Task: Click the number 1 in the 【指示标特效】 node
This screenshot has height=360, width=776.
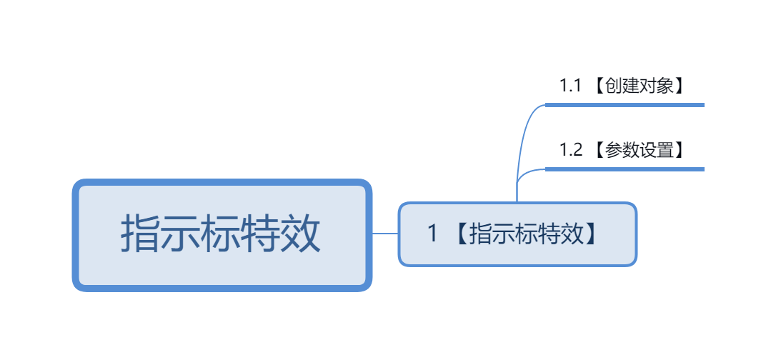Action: pos(432,234)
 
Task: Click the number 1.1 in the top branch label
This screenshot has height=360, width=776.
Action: pos(570,86)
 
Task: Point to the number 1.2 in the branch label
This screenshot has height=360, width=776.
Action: pos(570,151)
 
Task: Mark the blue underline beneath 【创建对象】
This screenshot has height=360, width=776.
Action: pos(625,105)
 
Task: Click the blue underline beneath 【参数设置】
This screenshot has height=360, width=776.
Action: pos(625,169)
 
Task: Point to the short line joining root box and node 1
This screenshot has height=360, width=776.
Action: pos(385,234)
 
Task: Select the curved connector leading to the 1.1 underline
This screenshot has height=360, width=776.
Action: pos(522,129)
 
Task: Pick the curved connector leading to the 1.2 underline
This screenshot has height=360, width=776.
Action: pos(525,174)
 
